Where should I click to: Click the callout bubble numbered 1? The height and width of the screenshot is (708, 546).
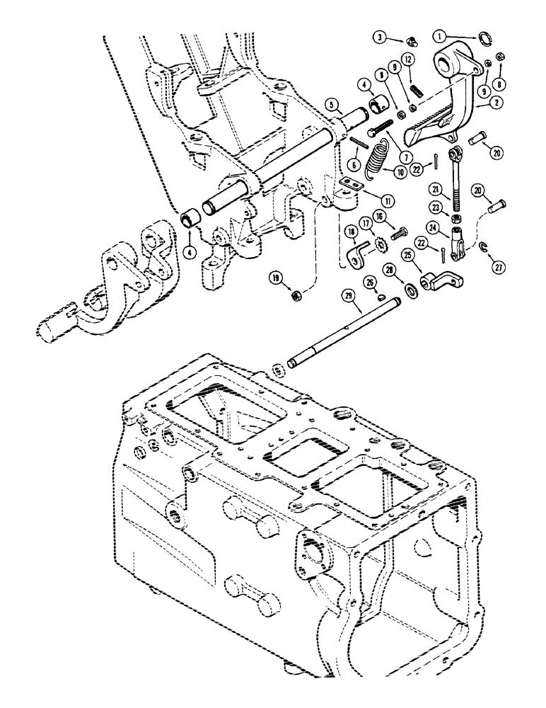(x=439, y=34)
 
